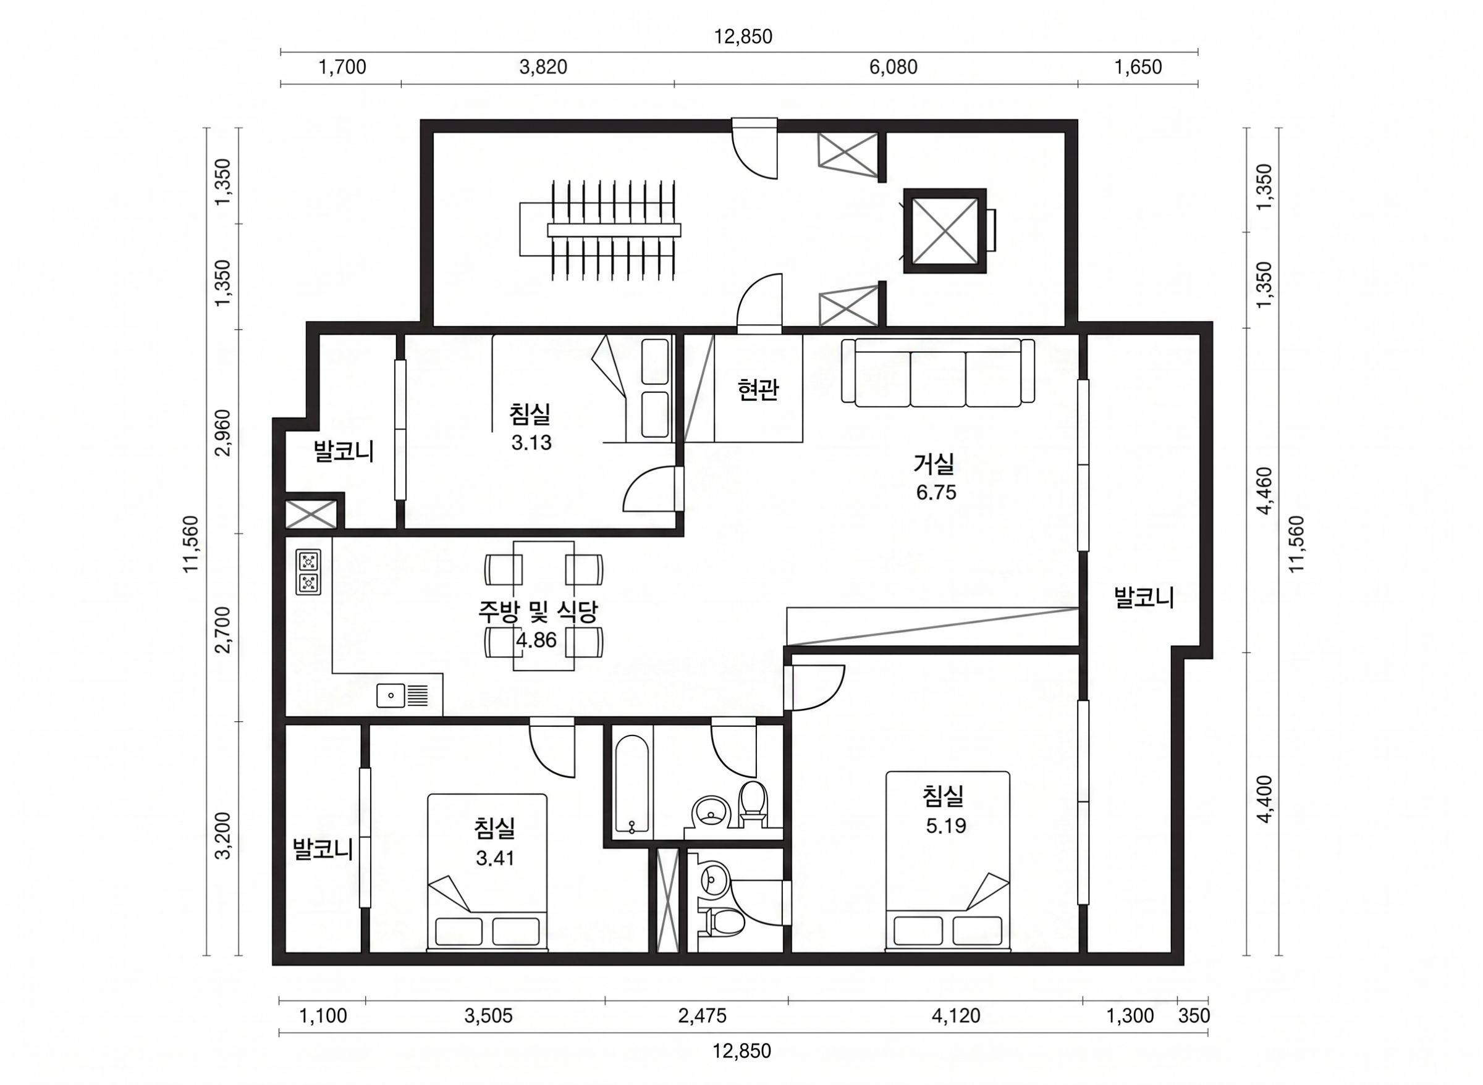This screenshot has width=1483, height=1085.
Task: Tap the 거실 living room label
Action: [x=933, y=464]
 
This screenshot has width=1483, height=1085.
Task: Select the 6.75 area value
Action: [x=936, y=493]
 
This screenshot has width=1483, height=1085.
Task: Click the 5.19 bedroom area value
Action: [x=946, y=826]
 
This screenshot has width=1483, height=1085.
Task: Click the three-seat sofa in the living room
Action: [x=937, y=371]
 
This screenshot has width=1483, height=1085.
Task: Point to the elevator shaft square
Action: [x=945, y=230]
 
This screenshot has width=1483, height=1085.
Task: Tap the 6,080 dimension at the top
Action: [x=894, y=67]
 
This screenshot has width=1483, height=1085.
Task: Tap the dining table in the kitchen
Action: [x=543, y=606]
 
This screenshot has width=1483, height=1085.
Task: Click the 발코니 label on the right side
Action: [x=1144, y=598]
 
